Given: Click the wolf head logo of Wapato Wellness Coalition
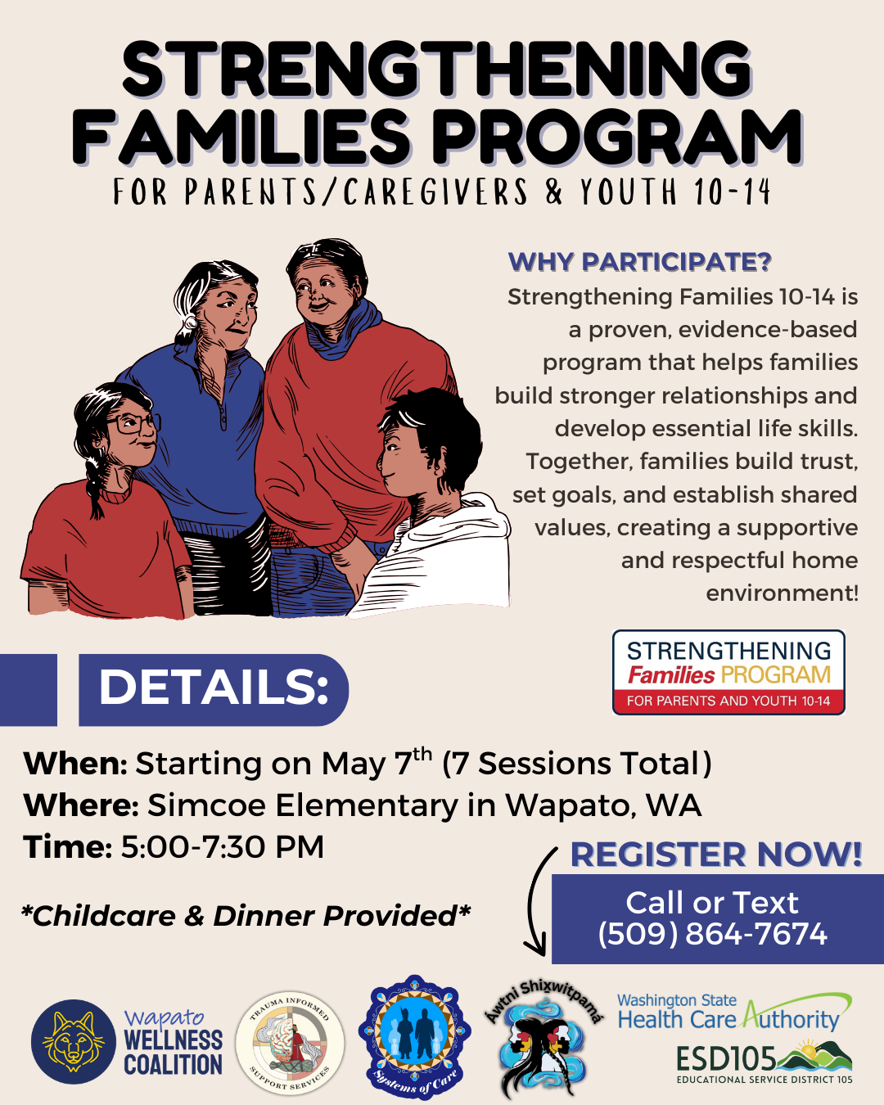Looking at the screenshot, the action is [74, 1041].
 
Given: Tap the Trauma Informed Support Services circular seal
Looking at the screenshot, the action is [290, 1042].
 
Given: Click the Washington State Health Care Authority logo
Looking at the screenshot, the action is [734, 1013].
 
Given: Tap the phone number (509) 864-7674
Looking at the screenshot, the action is [712, 933].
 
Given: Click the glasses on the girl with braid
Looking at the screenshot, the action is [133, 424].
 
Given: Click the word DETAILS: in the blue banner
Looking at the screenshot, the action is [213, 688].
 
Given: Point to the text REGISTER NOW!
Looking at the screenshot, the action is [716, 855].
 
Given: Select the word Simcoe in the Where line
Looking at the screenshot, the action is [208, 805].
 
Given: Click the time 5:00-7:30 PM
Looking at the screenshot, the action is [223, 846].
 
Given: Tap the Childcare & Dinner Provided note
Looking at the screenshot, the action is [246, 916].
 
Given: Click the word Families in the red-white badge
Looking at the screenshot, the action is [671, 674].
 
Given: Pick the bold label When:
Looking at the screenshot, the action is [75, 764].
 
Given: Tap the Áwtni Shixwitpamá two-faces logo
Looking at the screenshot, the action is [543, 1039].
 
